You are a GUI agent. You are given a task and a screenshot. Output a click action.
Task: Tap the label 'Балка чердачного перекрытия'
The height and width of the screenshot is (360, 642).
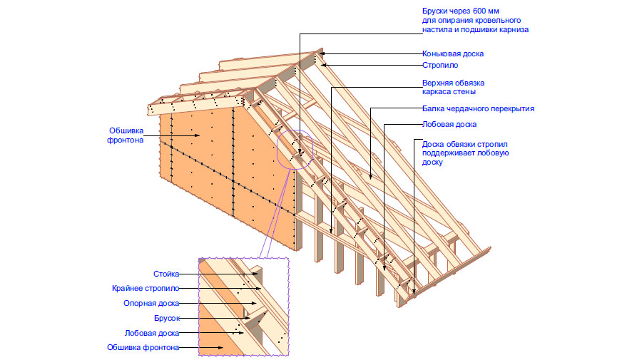tap(477, 109)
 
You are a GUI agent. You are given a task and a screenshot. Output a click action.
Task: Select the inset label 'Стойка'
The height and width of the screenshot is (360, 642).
tap(166, 274)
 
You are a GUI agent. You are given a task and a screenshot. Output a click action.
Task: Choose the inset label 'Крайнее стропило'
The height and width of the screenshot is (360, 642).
tap(146, 289)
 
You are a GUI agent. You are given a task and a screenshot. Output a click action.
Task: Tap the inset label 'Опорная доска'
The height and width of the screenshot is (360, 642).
tap(151, 303)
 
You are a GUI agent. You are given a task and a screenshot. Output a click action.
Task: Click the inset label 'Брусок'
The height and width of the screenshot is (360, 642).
tap(166, 318)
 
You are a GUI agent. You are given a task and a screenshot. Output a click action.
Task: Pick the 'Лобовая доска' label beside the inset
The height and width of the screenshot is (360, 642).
tap(151, 333)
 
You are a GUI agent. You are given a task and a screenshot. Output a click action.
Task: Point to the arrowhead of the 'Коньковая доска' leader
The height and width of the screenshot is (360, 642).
tap(320, 53)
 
